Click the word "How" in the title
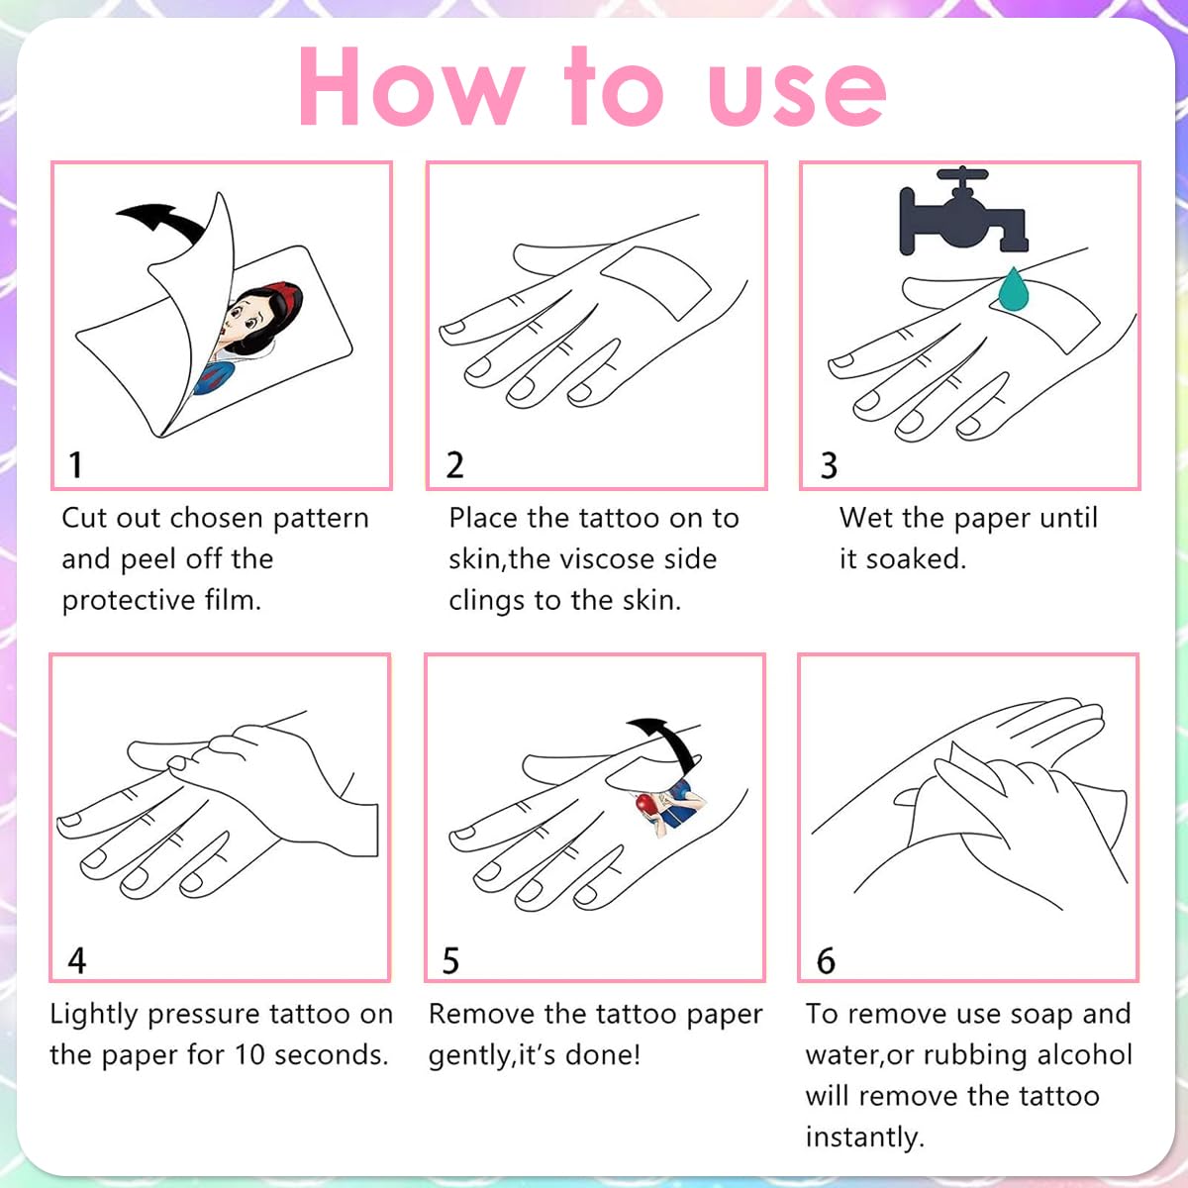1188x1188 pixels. point(412,86)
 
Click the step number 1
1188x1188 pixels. point(76,465)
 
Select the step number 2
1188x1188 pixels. point(455,465)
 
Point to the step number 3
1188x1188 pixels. point(830,465)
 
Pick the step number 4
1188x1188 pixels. point(77,960)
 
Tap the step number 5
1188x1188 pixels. point(450,960)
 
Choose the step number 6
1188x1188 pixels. point(826,960)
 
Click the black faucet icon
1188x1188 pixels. point(963,213)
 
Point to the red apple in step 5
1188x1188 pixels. point(646,805)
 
